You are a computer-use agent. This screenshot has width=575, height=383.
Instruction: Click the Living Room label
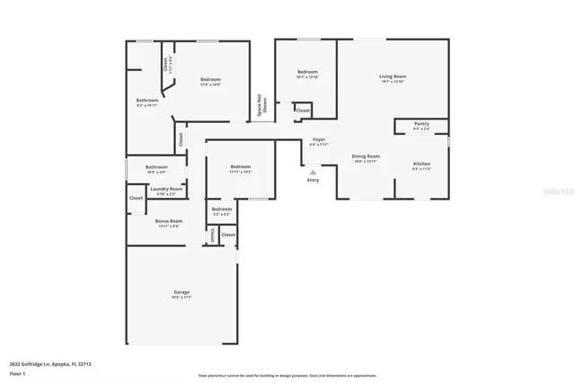point(393,77)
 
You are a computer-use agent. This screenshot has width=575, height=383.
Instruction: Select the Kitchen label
point(421,165)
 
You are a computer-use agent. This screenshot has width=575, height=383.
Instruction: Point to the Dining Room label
point(365,157)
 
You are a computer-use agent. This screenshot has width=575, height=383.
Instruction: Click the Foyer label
point(319,140)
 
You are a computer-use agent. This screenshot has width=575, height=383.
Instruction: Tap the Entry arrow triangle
point(313,172)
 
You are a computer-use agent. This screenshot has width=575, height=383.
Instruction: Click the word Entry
point(313,180)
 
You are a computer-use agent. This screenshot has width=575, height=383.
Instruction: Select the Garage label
point(181,293)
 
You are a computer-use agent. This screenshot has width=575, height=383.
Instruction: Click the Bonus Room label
point(169,221)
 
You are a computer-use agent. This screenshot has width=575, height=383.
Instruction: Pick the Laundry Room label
point(167,190)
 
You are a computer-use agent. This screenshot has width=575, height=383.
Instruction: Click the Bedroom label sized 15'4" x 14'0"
point(210,80)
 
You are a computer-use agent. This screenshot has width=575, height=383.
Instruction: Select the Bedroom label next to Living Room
point(307,72)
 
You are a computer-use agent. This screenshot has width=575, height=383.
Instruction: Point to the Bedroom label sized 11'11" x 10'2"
point(240,167)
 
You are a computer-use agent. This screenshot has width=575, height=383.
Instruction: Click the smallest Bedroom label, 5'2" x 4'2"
point(221,209)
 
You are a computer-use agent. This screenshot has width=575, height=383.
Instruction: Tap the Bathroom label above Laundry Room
point(157,166)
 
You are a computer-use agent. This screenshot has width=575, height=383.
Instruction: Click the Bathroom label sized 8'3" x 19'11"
point(147,101)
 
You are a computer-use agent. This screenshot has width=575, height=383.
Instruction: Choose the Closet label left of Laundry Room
point(136,198)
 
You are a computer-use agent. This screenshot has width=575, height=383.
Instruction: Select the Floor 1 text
point(17,373)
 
